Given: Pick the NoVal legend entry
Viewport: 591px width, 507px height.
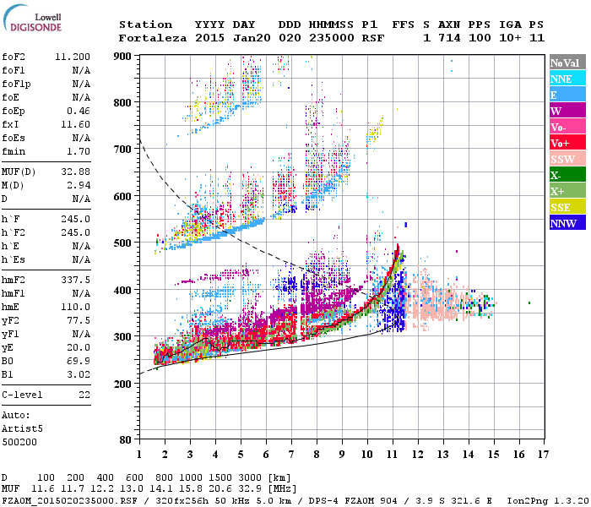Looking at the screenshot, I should coord(567,63).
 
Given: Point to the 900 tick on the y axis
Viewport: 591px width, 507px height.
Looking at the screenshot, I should coord(122,56).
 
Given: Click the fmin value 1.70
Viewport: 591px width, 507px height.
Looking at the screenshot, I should coord(79,151).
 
